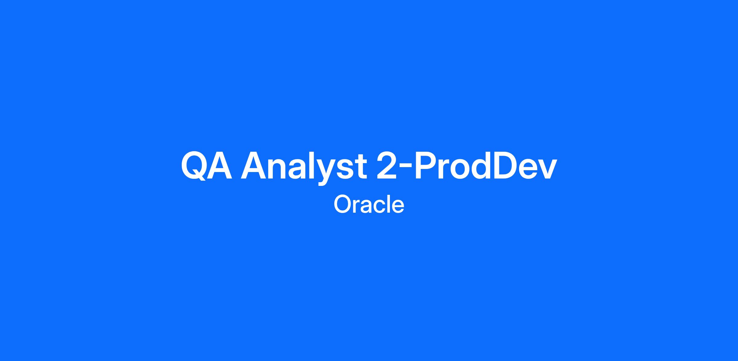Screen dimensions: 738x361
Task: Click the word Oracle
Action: pos(369,204)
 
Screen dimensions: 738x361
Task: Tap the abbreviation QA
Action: pos(206,166)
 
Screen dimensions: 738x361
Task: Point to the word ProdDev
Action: pos(486,165)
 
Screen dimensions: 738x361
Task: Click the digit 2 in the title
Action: pos(387,165)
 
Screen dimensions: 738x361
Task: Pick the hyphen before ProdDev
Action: pos(405,169)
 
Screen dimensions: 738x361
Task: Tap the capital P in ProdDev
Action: pos(426,165)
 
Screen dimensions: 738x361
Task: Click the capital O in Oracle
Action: pos(343,204)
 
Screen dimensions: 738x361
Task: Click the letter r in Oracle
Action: pos(357,207)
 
